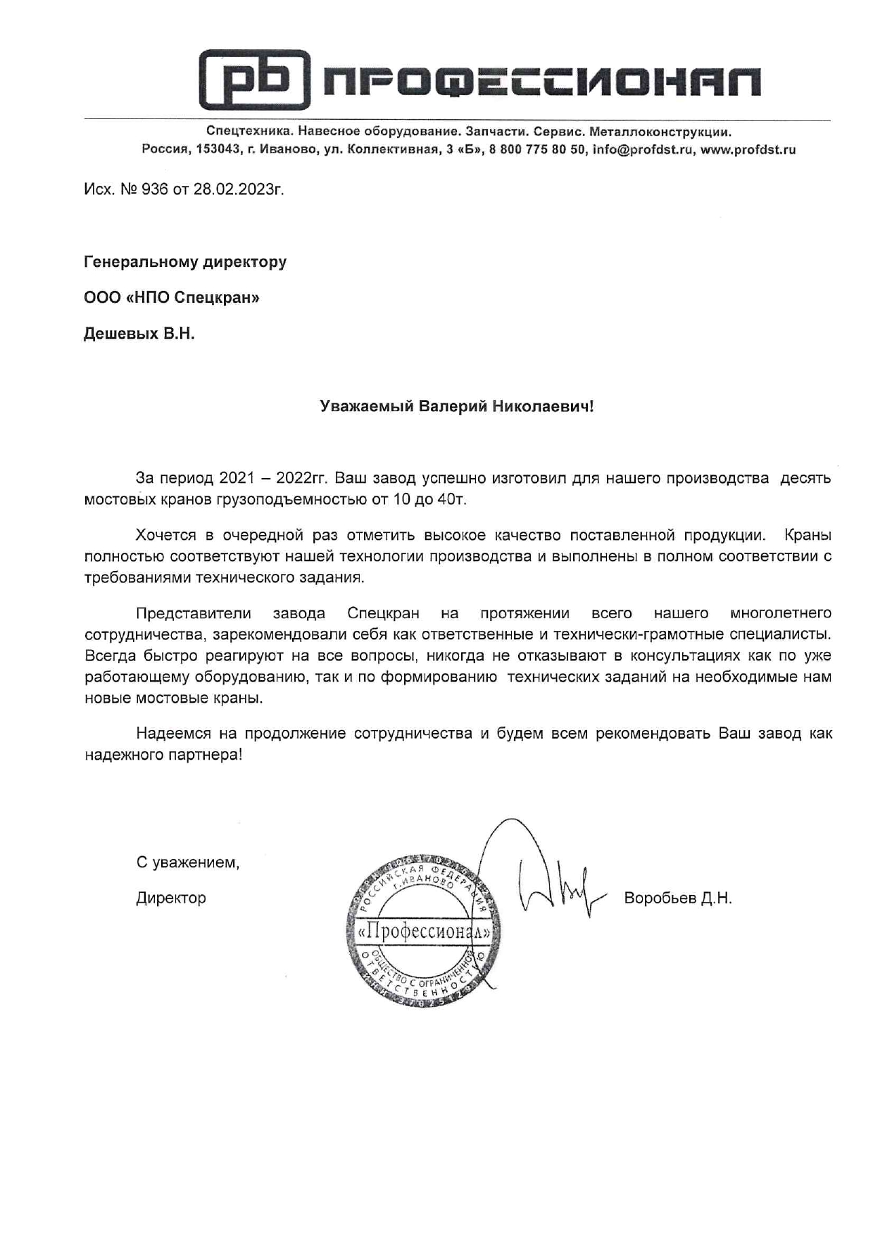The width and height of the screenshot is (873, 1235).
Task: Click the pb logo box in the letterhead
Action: point(254,80)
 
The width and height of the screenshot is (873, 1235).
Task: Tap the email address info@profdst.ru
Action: point(643,149)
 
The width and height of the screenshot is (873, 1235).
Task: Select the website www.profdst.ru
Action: point(748,149)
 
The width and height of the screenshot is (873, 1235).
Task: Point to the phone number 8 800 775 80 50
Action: point(537,149)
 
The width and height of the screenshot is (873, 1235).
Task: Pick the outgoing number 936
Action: point(155,189)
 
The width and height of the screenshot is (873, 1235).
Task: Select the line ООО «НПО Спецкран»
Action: point(171,298)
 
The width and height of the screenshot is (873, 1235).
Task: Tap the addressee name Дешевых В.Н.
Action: point(139,334)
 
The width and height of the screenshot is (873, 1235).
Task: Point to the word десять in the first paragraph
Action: point(805,478)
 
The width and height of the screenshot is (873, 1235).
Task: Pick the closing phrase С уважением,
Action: point(187,863)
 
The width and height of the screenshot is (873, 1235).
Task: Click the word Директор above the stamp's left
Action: point(171,898)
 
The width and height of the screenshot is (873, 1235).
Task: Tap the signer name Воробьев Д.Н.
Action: point(677,898)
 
